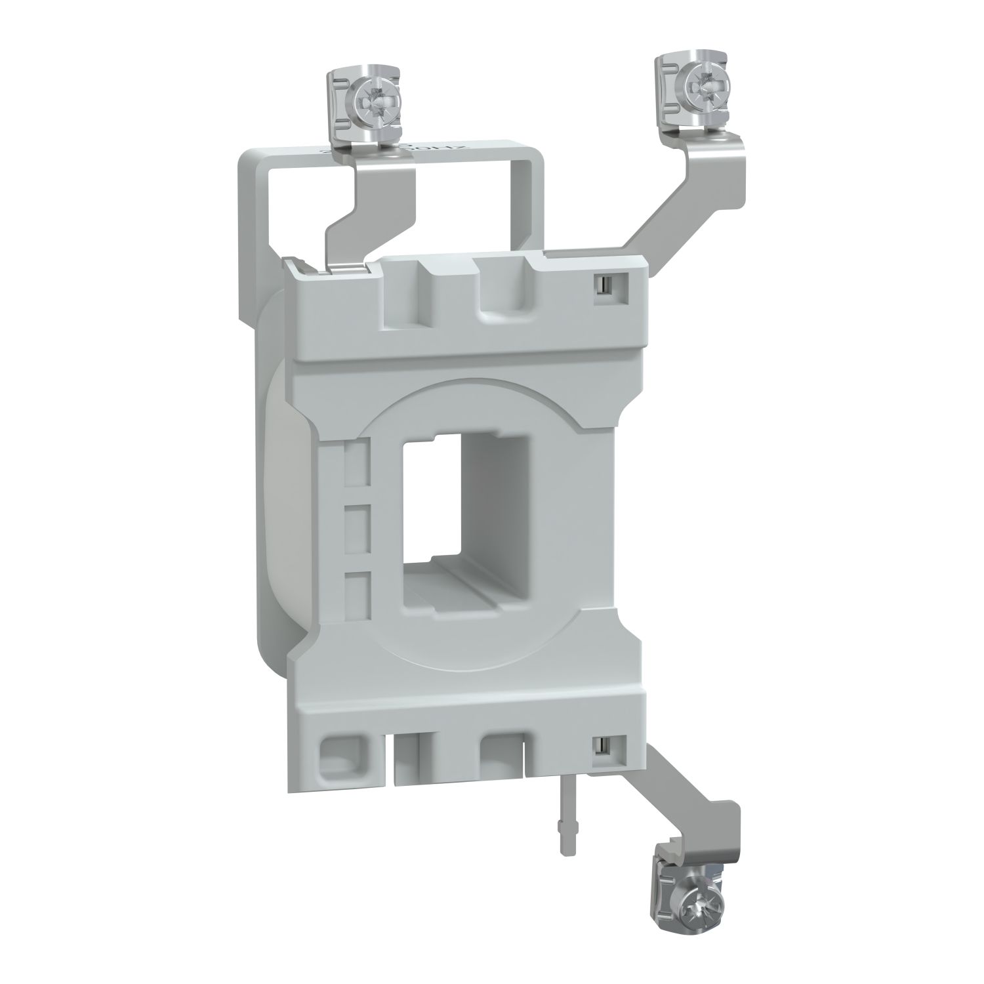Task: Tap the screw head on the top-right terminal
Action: (696, 84)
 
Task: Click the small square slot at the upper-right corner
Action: (601, 284)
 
